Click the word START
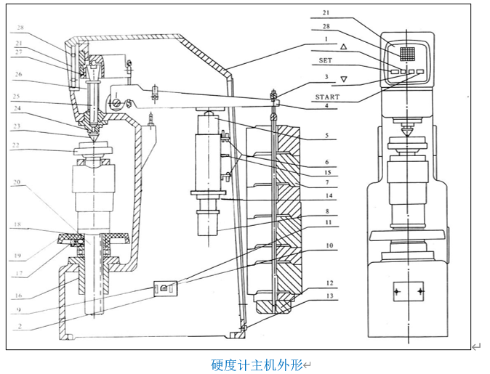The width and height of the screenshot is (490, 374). pyautogui.click(x=327, y=97)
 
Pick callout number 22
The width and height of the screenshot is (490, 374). pyautogui.click(x=17, y=145)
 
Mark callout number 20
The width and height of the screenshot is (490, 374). pyautogui.click(x=17, y=184)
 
